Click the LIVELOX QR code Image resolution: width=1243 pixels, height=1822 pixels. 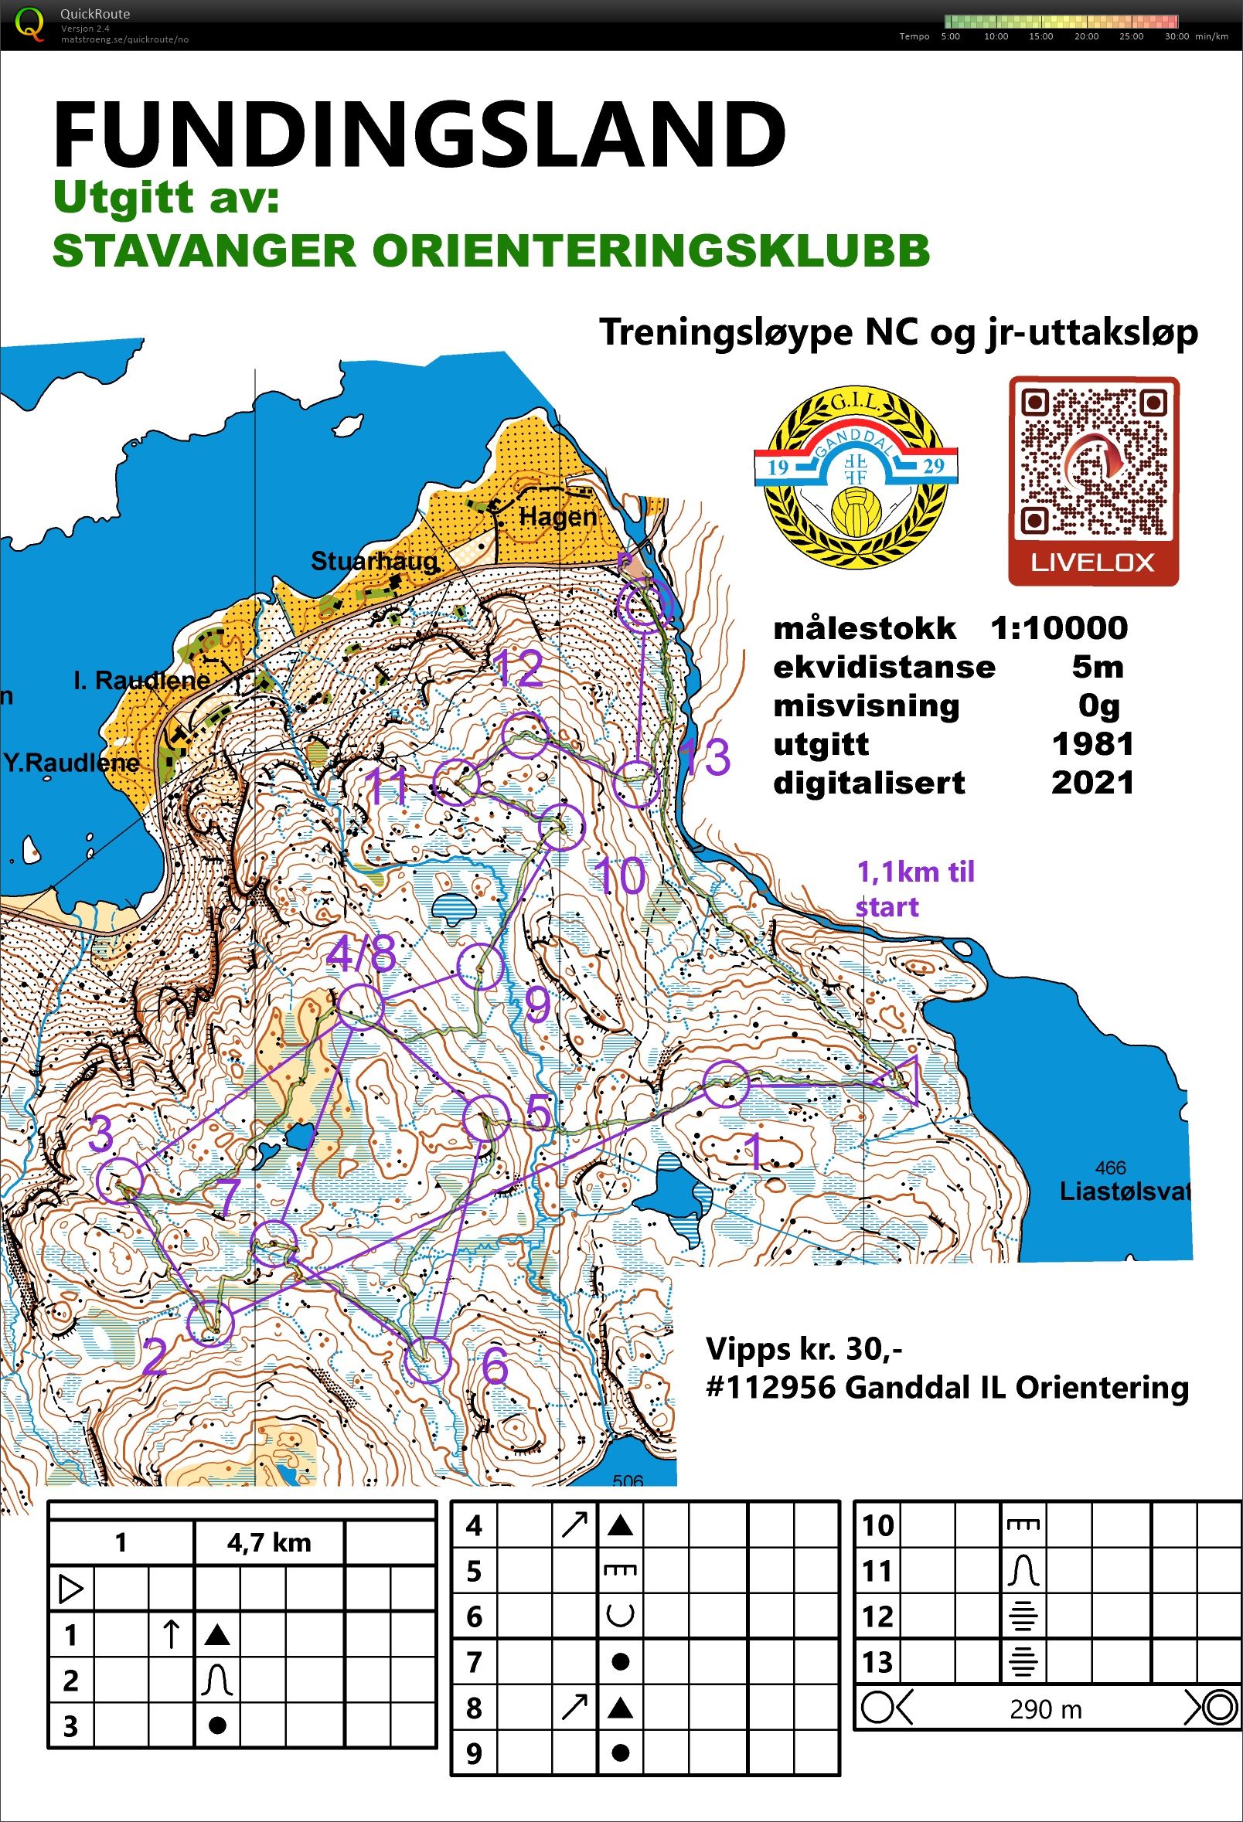(1093, 469)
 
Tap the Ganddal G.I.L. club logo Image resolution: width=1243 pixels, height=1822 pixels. (856, 478)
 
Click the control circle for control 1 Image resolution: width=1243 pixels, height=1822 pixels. (725, 1084)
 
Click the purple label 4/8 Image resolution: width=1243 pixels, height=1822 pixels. (362, 956)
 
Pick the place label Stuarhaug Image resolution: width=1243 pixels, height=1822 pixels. (374, 561)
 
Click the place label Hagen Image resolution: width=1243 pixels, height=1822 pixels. (557, 518)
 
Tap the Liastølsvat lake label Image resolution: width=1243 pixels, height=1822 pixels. (1124, 1192)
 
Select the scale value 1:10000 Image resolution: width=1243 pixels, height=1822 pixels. (1058, 628)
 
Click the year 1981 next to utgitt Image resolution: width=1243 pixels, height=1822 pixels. (1092, 743)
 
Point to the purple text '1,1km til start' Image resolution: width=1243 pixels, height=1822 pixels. (914, 889)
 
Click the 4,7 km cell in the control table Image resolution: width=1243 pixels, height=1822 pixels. (269, 1543)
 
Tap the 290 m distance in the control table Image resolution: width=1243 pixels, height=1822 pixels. (1045, 1709)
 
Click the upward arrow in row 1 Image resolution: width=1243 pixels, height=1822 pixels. (171, 1636)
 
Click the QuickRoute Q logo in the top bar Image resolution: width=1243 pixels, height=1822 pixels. (31, 23)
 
